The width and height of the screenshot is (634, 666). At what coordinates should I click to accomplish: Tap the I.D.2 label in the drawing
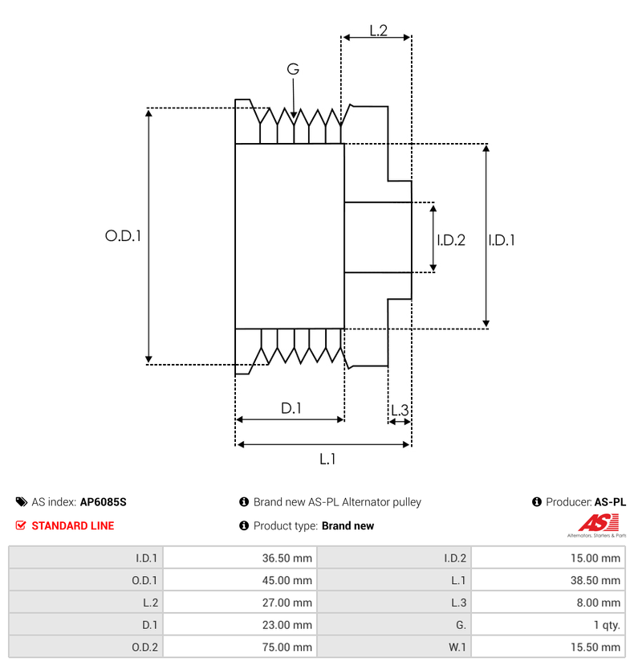451,239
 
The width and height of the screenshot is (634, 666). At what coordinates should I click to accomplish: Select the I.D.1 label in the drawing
502,239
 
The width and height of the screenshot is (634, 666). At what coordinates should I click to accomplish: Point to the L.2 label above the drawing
378,31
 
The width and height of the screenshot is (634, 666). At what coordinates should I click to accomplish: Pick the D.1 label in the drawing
291,408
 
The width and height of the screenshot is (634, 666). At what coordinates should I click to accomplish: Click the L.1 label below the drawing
327,459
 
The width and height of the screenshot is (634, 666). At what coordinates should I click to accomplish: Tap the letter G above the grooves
293,70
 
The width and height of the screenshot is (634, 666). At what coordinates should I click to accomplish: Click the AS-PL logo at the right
596,526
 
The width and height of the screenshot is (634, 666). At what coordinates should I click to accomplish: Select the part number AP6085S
103,502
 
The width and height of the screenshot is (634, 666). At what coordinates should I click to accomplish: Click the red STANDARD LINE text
72,526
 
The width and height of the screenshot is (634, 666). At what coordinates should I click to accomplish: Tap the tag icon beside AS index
21,502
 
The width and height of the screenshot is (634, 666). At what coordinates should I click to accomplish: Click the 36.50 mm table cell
239,558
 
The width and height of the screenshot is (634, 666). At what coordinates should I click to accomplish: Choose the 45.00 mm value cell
239,580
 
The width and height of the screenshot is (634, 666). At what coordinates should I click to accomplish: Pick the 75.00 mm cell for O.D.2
239,647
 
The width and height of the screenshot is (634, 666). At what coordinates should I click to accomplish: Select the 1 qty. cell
547,624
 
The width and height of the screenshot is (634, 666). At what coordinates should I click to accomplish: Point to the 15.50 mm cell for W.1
547,647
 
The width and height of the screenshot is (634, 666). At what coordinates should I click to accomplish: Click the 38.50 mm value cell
547,580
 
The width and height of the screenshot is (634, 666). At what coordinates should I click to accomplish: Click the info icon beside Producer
537,502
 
